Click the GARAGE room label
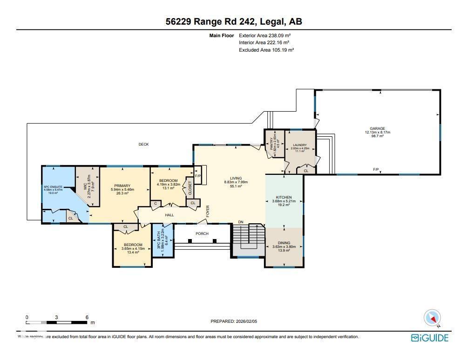pyautogui.click(x=377, y=128)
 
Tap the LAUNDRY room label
pyautogui.click(x=300, y=145)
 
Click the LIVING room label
pyautogui.click(x=236, y=178)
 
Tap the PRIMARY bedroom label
pyautogui.click(x=120, y=186)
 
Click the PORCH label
pyautogui.click(x=202, y=233)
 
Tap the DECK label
pyautogui.click(x=143, y=145)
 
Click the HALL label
pyautogui.click(x=169, y=215)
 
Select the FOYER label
pyautogui.click(x=208, y=211)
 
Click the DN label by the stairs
pyautogui.click(x=241, y=222)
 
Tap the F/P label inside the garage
pyautogui.click(x=376, y=168)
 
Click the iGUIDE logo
pyautogui.click(x=429, y=338)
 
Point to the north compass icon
pyautogui.click(x=432, y=318)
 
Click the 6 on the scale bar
pyautogui.click(x=87, y=317)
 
